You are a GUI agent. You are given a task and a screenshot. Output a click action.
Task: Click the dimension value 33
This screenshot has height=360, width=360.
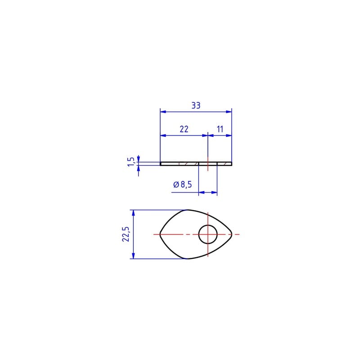tap(196, 106)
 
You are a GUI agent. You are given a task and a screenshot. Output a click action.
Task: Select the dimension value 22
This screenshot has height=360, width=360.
tap(184, 129)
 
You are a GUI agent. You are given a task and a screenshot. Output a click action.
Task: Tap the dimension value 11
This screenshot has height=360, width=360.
tap(220, 129)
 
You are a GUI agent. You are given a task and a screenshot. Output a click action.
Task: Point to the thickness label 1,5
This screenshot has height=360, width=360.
tap(130, 162)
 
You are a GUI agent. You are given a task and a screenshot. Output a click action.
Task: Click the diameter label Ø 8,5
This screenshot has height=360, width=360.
tap(183, 184)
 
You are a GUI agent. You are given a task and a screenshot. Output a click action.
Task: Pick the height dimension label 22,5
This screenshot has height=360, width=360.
tap(126, 234)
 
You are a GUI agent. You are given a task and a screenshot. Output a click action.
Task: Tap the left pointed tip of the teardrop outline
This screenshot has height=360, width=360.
tap(160, 234)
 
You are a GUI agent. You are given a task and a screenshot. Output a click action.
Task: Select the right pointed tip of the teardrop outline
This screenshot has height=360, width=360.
tap(232, 234)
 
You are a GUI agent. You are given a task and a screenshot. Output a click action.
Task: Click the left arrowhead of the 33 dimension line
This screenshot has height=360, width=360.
tap(163, 112)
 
